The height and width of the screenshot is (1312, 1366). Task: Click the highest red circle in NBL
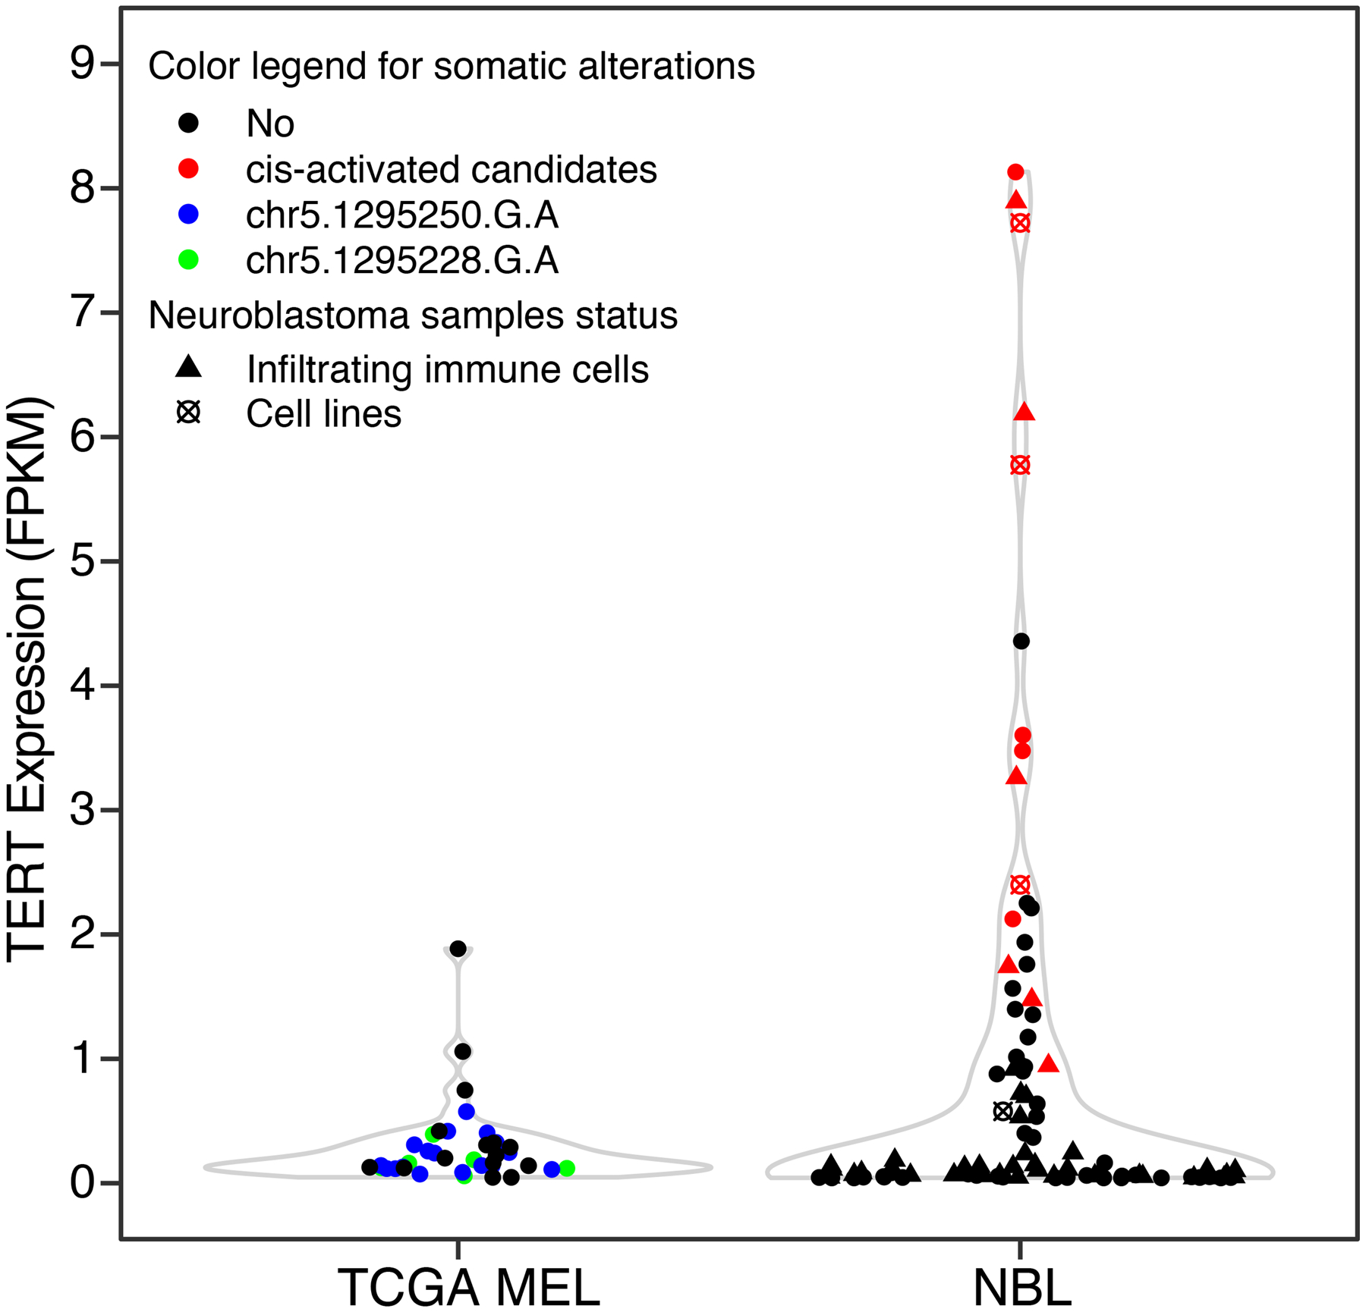1015,172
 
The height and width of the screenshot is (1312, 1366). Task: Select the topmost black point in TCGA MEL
458,949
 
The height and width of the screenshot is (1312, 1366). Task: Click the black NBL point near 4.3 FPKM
1021,642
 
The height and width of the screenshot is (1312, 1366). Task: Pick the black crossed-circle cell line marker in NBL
1002,1112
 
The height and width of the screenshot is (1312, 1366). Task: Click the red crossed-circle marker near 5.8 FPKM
1020,465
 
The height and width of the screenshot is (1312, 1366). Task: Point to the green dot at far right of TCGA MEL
566,1169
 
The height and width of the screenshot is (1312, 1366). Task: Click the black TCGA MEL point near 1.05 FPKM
462,1051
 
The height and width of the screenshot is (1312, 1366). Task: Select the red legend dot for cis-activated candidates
188,169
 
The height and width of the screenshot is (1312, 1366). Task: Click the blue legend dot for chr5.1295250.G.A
188,215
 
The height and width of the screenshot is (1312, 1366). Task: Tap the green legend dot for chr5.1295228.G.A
188,261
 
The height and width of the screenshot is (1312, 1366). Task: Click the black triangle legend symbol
188,368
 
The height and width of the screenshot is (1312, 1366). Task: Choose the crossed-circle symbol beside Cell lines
188,413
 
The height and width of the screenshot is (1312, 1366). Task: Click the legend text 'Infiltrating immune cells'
448,369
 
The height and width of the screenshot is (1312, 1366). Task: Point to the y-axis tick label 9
82,64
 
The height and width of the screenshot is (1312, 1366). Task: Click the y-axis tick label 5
82,562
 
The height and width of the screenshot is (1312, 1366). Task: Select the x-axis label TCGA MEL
468,1287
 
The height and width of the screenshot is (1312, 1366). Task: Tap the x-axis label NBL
1021,1287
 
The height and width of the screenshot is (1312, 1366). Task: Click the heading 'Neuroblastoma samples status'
413,315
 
